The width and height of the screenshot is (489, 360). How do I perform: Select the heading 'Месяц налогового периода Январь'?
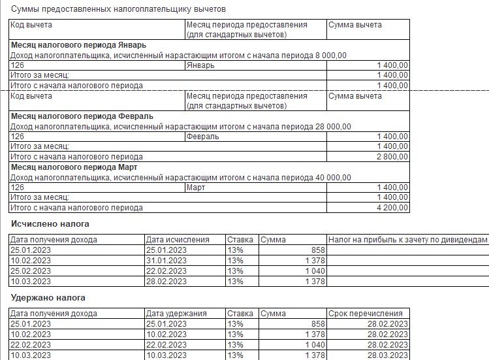coord(78,45)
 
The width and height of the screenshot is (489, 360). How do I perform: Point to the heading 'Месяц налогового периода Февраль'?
coord(82,116)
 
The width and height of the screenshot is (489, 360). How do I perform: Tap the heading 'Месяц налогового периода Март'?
coord(76,167)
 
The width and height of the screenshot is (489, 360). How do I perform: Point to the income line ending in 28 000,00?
coord(181,127)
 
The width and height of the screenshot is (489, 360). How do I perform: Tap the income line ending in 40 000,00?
coord(181,178)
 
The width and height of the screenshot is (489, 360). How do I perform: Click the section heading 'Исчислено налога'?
coord(50,224)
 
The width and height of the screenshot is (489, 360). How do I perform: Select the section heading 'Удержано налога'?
coord(48,298)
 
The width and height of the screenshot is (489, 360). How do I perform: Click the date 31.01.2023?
coord(166,261)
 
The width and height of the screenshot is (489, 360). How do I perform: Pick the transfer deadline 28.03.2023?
coord(388,355)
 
